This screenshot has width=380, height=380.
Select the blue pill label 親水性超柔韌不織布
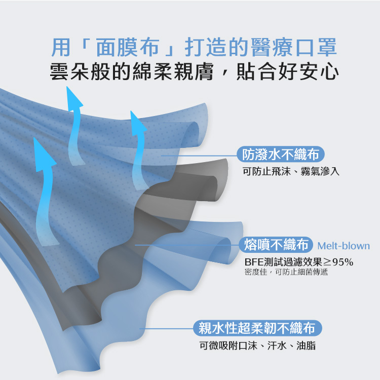258,329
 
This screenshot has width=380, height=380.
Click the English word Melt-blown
344,246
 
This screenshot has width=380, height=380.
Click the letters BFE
254,262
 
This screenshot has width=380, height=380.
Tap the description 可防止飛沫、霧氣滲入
291,172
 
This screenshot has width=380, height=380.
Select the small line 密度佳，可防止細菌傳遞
286,272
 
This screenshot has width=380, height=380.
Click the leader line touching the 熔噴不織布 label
187,245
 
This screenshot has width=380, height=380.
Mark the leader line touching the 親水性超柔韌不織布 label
167,329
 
